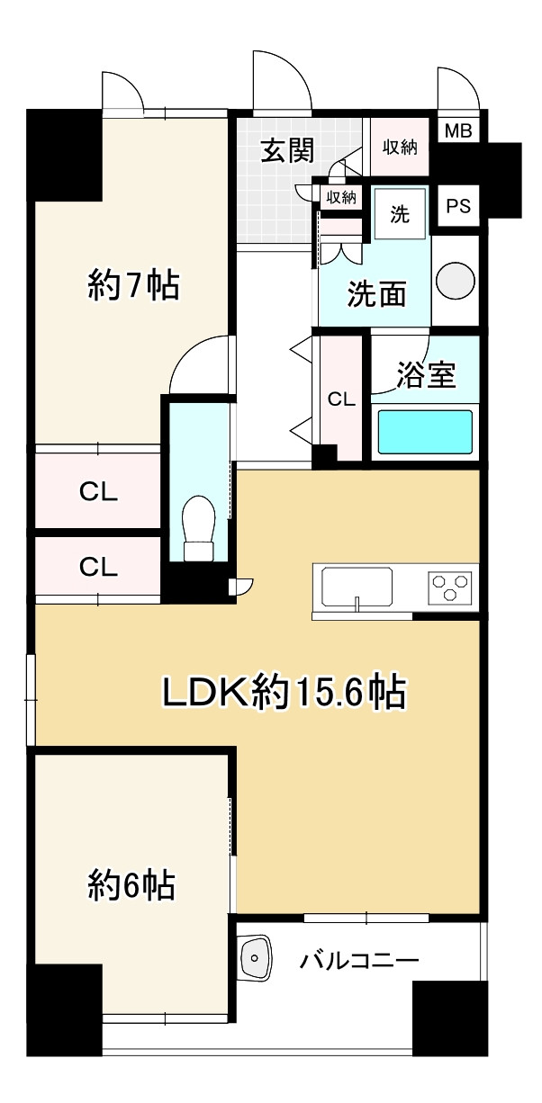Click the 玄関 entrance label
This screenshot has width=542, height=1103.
point(287,149)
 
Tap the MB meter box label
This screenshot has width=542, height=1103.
point(458,131)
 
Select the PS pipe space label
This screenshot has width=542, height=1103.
point(458,206)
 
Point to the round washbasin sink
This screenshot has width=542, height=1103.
point(456,281)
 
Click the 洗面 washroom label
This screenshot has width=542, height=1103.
point(376,294)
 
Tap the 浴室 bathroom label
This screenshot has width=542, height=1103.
point(426,375)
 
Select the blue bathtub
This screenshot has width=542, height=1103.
point(425,432)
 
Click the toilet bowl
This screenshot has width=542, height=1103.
point(199,528)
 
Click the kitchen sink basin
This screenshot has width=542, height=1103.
point(357,588)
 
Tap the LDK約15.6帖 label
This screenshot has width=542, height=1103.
point(285,693)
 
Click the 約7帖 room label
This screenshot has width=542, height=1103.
point(133,285)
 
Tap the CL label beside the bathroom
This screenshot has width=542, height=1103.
point(341,399)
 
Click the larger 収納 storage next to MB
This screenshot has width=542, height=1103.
point(400,147)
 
